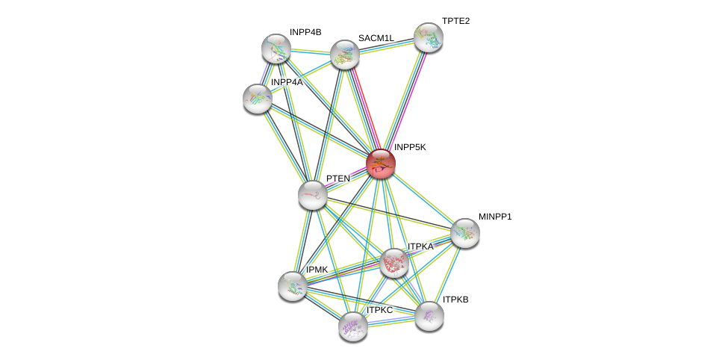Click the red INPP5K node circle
[380, 164]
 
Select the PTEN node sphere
[312, 195]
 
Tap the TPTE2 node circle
[429, 37]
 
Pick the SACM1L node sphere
[345, 55]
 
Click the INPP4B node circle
[276, 49]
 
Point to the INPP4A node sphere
[258, 99]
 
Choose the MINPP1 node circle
[464, 233]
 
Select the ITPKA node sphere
[393, 262]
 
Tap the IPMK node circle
[293, 285]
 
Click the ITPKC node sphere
[353, 326]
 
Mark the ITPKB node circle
[429, 316]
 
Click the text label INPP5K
[410, 147]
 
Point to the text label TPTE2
[455, 21]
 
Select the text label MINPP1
[495, 217]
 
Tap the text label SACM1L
[376, 38]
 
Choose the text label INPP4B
[305, 32]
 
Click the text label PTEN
[337, 179]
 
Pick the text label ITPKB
[455, 300]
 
